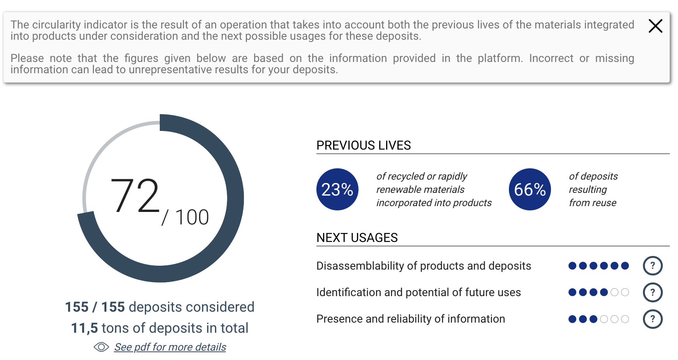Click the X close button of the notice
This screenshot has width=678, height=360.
click(x=655, y=26)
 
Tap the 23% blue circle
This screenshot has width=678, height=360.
click(x=337, y=189)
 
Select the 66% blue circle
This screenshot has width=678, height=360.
click(x=530, y=189)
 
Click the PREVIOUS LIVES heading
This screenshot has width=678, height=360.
click(x=364, y=145)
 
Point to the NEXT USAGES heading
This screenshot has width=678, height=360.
click(x=357, y=238)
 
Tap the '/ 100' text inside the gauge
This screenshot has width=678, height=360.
click(x=185, y=217)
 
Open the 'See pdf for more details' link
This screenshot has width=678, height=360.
click(x=170, y=347)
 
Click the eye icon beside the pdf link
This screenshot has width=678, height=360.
click(x=101, y=347)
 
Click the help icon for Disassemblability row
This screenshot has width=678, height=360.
click(x=653, y=266)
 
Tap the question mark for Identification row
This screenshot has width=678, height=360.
click(x=653, y=292)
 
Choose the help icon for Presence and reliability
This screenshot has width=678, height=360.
click(x=653, y=319)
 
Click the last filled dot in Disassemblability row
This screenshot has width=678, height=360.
click(x=625, y=266)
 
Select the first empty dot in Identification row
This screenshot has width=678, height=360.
click(x=614, y=292)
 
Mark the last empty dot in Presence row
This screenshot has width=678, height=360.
click(x=625, y=319)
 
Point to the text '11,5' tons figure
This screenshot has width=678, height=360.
click(x=84, y=328)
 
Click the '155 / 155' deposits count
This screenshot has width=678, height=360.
click(x=95, y=307)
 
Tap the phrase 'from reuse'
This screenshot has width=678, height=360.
click(x=593, y=203)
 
